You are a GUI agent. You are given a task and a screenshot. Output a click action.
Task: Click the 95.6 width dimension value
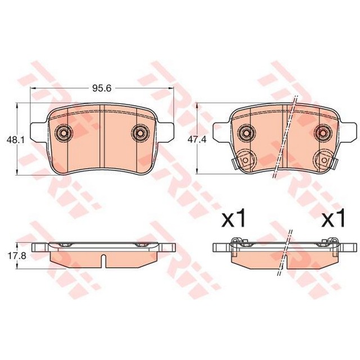pos(102,88)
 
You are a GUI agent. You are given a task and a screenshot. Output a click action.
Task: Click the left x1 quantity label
pos(233,218)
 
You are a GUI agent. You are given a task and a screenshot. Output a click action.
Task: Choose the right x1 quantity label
pos(334,218)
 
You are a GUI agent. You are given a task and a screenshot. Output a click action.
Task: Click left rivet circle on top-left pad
pos(64,133)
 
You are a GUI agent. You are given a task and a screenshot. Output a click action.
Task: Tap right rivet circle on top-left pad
pos(140,133)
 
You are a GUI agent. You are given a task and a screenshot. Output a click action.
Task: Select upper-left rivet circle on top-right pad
pos(246,133)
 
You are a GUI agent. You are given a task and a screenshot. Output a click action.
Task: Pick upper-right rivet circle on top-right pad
pos(323,133)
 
